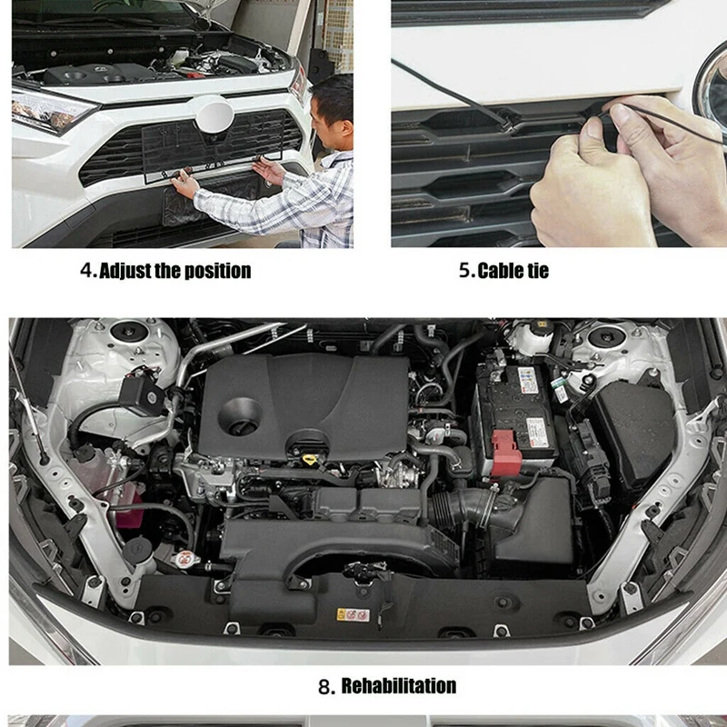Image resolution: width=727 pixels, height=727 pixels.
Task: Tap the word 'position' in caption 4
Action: pos(215,271)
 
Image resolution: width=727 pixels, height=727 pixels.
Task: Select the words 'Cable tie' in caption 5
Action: pos(513,271)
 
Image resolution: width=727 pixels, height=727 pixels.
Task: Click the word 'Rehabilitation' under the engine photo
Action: pos(398,685)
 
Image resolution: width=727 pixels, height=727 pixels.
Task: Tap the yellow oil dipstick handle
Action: pos(310,450)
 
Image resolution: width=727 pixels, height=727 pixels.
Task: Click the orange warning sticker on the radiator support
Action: pos(353,615)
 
